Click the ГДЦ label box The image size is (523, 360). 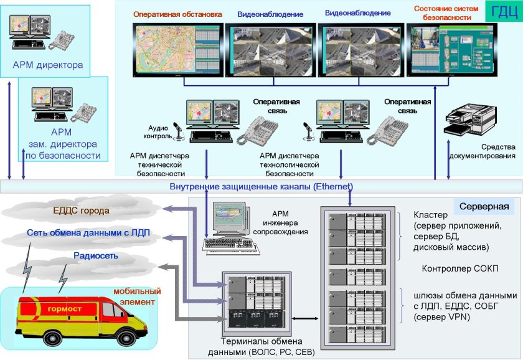point(501,12)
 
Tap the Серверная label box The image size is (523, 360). point(484,206)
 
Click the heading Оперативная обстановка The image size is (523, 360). point(177,13)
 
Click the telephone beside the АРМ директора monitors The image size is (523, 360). point(62,39)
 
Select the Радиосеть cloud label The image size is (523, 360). point(96,255)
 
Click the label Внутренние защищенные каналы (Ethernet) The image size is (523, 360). point(261,186)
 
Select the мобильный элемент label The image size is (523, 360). point(137,296)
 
